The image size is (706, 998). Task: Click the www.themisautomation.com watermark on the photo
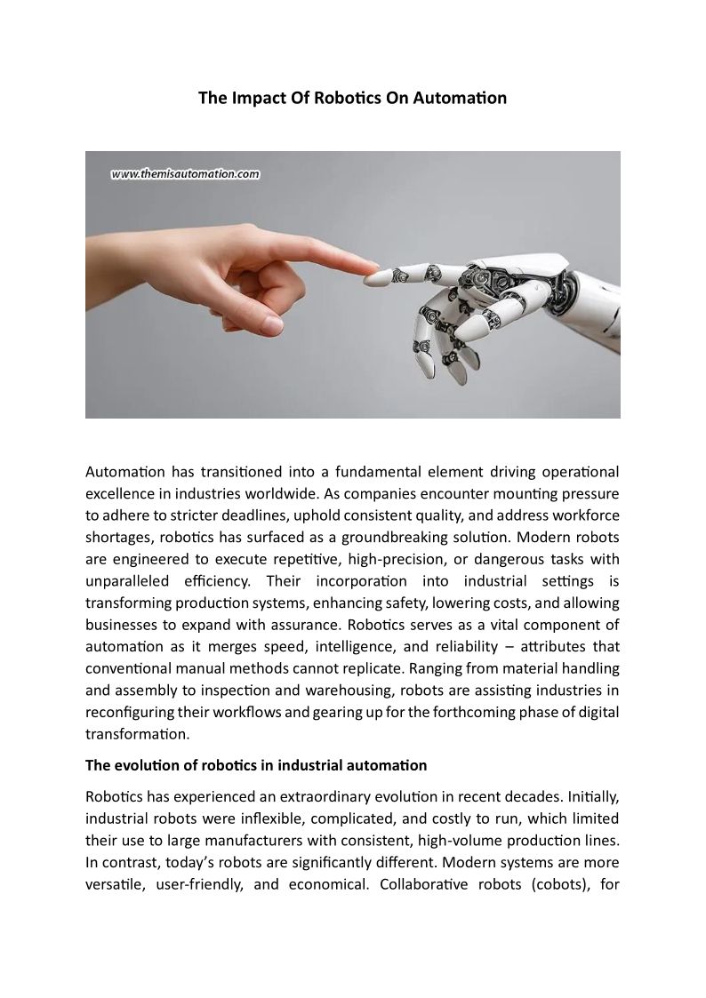(185, 175)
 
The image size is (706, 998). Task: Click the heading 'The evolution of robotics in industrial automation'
(256, 765)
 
